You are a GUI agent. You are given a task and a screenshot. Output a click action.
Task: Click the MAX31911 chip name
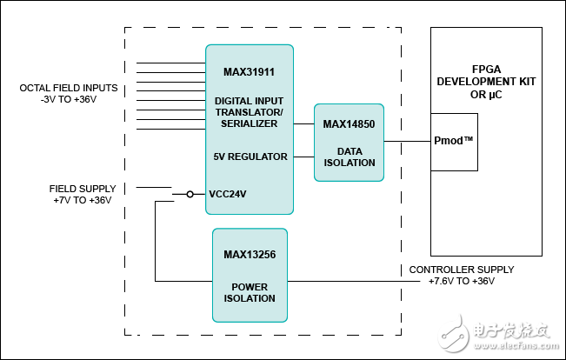(249, 72)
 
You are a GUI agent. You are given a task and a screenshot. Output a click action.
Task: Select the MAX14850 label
(349, 124)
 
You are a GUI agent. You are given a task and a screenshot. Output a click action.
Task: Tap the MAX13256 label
(250, 255)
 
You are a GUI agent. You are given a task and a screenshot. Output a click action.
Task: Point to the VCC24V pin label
(228, 194)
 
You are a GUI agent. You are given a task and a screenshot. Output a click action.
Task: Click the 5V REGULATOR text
(250, 157)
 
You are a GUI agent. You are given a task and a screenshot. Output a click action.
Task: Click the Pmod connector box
(454, 142)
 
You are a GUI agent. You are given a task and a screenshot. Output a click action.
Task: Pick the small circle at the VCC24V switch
(190, 194)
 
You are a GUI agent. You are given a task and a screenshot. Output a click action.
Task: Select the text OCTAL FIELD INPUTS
(69, 88)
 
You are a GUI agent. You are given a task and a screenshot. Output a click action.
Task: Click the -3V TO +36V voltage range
(69, 99)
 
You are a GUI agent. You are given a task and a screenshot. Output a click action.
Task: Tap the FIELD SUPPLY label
(83, 189)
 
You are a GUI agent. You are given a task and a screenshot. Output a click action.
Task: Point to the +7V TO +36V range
(83, 200)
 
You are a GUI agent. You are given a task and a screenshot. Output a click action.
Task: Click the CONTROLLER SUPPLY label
(462, 270)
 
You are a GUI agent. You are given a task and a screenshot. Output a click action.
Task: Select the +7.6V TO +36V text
(462, 281)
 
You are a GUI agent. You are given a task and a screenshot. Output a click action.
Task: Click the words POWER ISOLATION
(250, 292)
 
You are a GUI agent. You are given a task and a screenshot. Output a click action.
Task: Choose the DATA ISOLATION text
(349, 157)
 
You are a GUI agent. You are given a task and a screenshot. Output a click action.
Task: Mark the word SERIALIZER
(249, 123)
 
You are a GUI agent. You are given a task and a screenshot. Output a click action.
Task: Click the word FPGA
(486, 70)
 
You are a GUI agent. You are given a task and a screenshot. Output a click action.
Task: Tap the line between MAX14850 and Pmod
(407, 141)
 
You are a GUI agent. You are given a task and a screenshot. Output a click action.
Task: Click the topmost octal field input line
(170, 63)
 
